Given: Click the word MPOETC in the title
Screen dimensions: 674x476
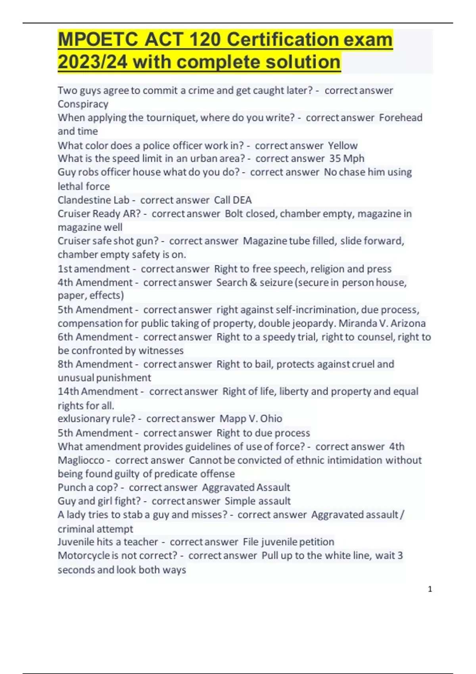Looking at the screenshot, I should [x=98, y=40].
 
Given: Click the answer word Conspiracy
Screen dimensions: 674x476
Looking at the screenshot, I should [x=83, y=104].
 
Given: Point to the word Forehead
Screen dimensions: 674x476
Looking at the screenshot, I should [x=401, y=118].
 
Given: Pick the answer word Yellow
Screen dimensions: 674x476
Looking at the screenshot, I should [x=343, y=146].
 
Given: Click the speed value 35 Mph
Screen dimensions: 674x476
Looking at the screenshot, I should [x=347, y=159].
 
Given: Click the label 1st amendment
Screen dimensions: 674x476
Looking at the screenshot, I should [x=94, y=269].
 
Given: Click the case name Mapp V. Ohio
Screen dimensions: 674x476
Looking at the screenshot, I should [x=251, y=419].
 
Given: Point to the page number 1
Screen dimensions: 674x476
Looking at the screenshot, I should [x=430, y=589].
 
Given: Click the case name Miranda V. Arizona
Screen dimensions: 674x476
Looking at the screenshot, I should [x=382, y=324].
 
